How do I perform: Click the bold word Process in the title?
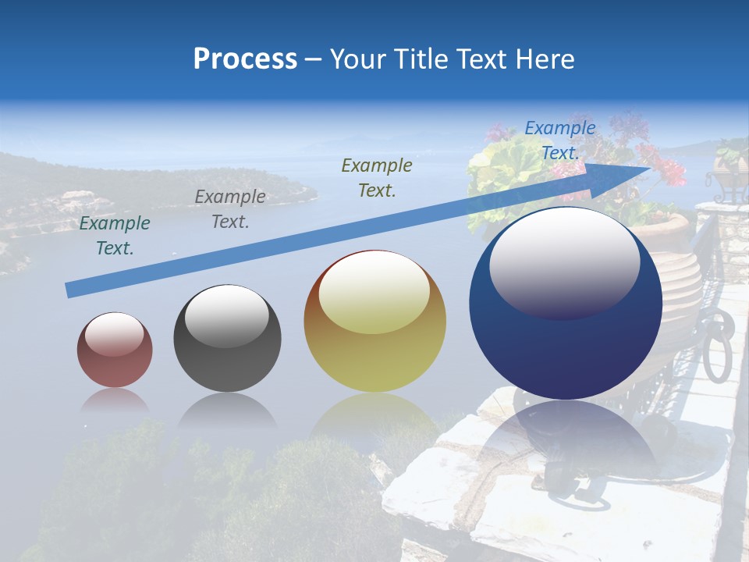pos(245,59)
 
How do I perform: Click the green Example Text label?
pos(115,236)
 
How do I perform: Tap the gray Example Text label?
pos(230,209)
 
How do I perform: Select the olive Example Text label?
pos(377,177)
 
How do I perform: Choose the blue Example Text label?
pos(560,140)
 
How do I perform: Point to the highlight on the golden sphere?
pos(374,292)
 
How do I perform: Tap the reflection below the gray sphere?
pos(227,409)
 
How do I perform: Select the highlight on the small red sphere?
pos(114,334)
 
